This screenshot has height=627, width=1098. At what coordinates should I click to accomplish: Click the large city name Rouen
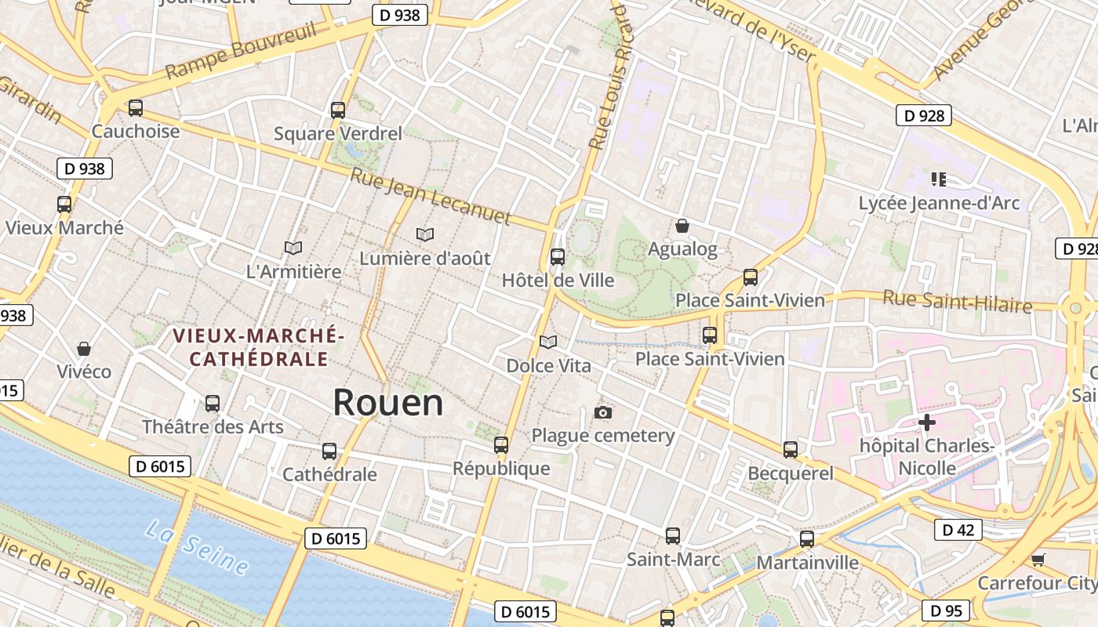coord(388,403)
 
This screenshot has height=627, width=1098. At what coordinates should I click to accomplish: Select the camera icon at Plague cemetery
coord(602,412)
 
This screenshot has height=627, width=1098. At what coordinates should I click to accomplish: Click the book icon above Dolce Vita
coord(548,342)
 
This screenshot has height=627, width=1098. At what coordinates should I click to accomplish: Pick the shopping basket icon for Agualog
coord(682,226)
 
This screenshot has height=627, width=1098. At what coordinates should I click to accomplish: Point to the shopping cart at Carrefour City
coord(1038,560)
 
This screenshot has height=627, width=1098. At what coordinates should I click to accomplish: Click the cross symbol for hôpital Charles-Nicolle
coord(927,423)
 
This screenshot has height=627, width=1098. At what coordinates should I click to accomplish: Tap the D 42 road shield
coord(958,531)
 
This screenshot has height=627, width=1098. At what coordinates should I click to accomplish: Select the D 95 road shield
coord(946,611)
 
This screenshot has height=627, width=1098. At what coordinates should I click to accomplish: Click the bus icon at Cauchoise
coord(136,108)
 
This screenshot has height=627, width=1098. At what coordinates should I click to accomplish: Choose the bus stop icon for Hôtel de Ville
coord(558,256)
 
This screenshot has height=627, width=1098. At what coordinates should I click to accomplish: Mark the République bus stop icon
coord(501,445)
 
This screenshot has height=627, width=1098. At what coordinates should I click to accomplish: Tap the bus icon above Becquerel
coord(791,450)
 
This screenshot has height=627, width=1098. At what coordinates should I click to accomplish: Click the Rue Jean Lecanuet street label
coord(431,197)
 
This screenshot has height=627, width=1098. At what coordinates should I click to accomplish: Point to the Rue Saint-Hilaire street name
coord(957,300)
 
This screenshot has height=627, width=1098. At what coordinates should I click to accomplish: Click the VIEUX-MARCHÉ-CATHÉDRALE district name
coord(258,347)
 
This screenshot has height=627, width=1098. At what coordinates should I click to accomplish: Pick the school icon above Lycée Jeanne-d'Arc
coord(939,179)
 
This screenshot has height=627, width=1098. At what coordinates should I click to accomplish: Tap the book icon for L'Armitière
coord(293,248)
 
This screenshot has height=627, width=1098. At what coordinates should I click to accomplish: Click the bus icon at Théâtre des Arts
coord(213,404)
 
